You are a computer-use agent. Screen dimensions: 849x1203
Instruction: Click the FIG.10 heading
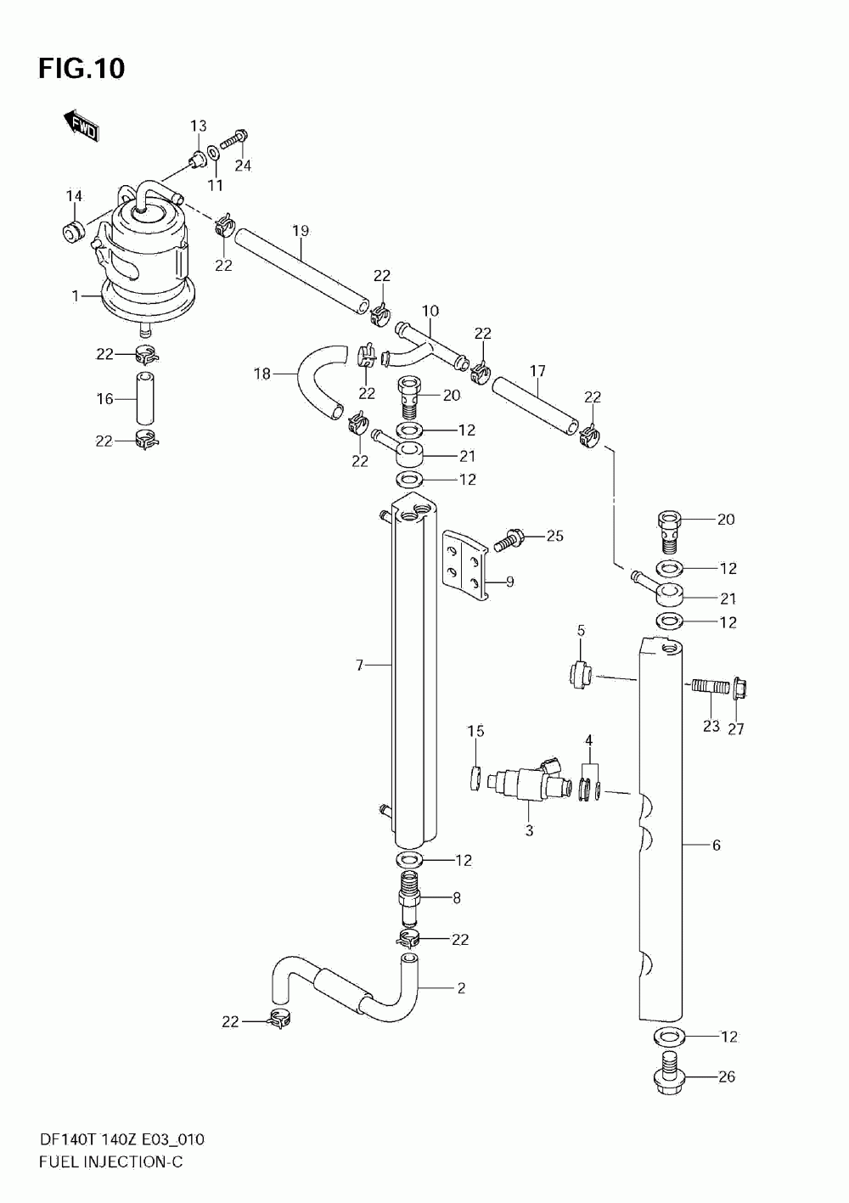82,69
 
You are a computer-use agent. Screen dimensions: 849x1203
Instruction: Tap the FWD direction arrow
82,126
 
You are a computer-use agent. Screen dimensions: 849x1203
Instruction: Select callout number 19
301,231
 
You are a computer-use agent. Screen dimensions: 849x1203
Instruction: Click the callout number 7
360,666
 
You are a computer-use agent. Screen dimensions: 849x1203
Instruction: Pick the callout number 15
475,731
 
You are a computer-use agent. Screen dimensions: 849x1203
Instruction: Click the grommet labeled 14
74,232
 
